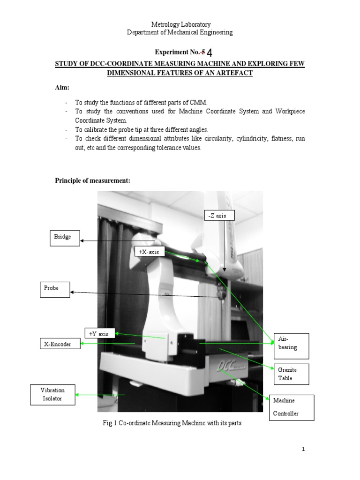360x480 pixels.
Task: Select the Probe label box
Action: (54, 289)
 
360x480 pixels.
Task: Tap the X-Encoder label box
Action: (60, 345)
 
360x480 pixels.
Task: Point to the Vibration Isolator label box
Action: (52, 395)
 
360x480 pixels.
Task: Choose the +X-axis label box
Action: (150, 252)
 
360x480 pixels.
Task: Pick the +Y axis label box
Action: (99, 334)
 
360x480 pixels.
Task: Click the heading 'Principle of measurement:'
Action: (92, 181)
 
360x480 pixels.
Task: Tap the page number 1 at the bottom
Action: (303, 450)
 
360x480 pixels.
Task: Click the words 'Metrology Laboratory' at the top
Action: (180, 24)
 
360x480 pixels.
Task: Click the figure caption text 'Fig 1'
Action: (109, 423)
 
